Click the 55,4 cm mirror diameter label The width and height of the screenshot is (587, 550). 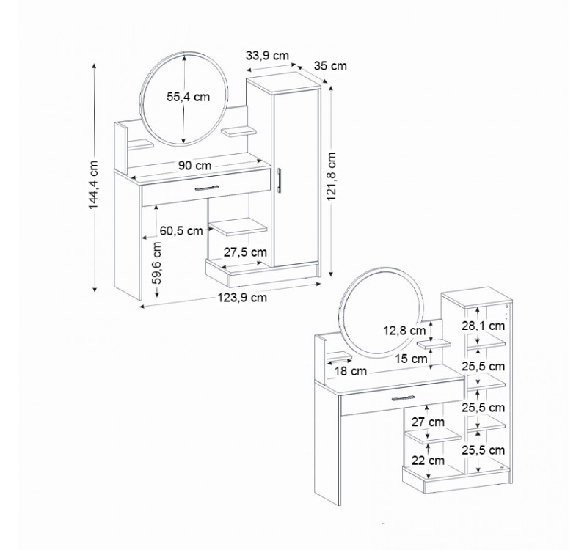tap(189, 96)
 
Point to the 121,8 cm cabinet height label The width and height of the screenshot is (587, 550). tap(331, 176)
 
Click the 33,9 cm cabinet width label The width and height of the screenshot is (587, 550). tap(267, 55)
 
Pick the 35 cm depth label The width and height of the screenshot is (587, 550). tap(329, 66)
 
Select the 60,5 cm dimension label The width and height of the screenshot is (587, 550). tap(181, 231)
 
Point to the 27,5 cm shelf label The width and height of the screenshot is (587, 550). tap(245, 252)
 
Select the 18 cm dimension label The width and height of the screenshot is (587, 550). tap(350, 371)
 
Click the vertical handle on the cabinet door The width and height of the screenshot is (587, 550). tap(280, 180)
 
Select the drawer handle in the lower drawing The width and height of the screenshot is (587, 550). tap(409, 397)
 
